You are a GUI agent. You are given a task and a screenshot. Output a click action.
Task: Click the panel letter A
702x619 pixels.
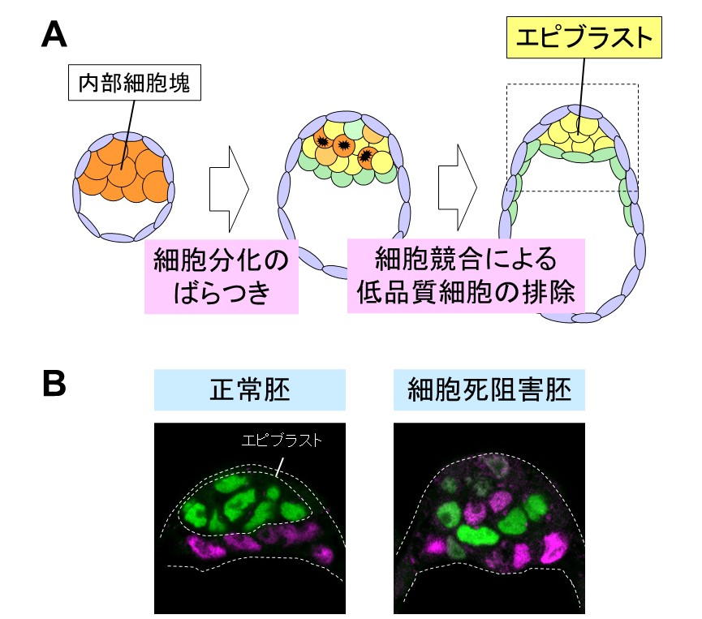(x=54, y=35)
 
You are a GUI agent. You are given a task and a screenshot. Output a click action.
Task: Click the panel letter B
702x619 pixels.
(x=54, y=384)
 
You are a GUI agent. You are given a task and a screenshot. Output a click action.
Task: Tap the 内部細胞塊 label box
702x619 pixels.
(x=132, y=83)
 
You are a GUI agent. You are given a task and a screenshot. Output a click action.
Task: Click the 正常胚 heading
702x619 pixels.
(x=249, y=390)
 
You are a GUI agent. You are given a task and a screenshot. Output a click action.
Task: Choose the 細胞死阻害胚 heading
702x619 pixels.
(x=489, y=390)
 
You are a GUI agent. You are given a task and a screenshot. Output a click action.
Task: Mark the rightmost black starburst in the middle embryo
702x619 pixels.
(x=366, y=155)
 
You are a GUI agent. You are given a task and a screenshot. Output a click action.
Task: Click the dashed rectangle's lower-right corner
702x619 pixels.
(x=638, y=191)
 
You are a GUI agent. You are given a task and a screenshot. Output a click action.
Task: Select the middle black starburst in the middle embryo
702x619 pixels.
(x=343, y=145)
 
